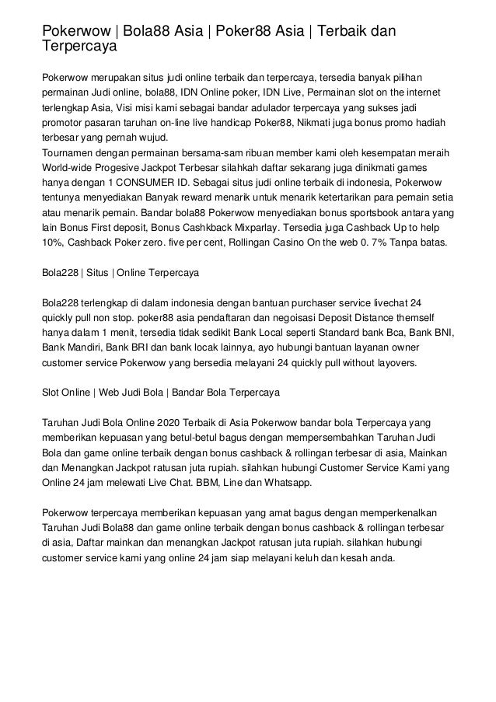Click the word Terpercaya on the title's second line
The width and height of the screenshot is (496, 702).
(x=79, y=47)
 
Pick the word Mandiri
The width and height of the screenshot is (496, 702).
(x=86, y=348)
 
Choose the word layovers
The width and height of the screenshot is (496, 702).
(x=392, y=362)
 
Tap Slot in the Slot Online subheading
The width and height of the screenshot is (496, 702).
(x=51, y=392)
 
